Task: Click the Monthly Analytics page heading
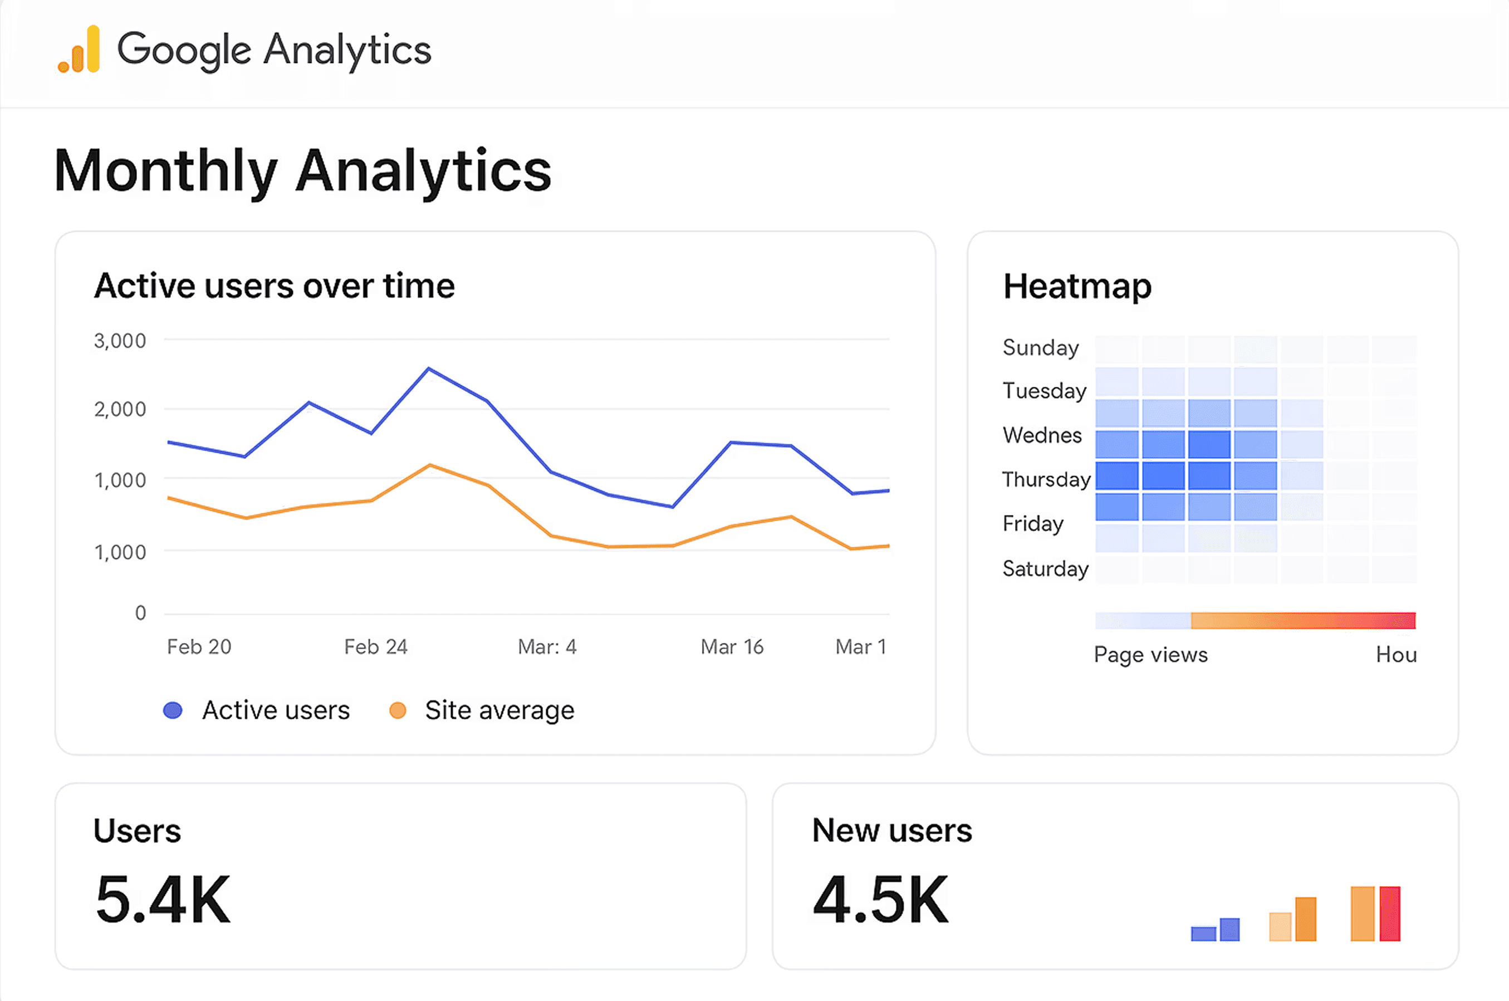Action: (302, 170)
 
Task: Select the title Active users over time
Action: (275, 286)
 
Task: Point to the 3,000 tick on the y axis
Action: (120, 341)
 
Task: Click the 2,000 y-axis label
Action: (120, 409)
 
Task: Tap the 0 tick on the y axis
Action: (140, 613)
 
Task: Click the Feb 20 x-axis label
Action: (199, 647)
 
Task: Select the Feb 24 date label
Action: (375, 647)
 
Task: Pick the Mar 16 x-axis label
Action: (732, 647)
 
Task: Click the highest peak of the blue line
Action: (428, 369)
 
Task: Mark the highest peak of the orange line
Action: (430, 465)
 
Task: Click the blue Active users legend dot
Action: (173, 710)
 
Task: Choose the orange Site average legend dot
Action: (398, 710)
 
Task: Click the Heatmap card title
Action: (1077, 286)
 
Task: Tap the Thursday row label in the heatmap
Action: (1046, 479)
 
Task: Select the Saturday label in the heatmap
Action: (1045, 568)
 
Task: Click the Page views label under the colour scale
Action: (1150, 654)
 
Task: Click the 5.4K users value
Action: (163, 900)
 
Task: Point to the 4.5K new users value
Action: (881, 900)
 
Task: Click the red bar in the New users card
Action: (1390, 914)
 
